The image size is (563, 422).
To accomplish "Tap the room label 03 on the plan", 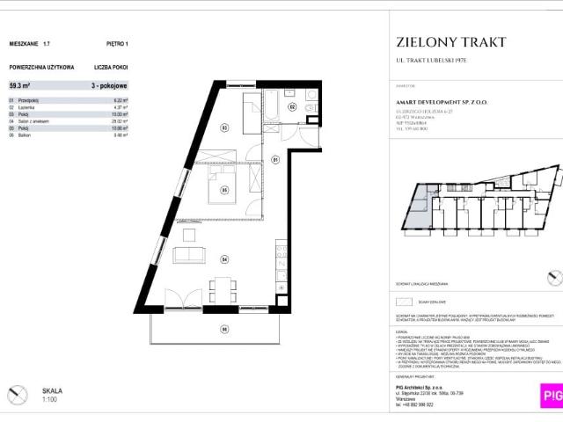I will tap(224, 127).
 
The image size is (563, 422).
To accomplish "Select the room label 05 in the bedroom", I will tap(224, 190).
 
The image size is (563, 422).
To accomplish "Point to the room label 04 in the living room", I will tap(224, 259).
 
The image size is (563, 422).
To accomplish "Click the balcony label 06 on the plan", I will tap(224, 329).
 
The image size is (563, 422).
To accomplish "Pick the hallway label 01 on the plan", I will tap(274, 159).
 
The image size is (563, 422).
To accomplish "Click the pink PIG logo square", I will tap(551, 396).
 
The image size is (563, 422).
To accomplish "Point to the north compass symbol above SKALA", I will tap(16, 395).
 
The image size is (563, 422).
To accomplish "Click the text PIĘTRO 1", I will tap(115, 42).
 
